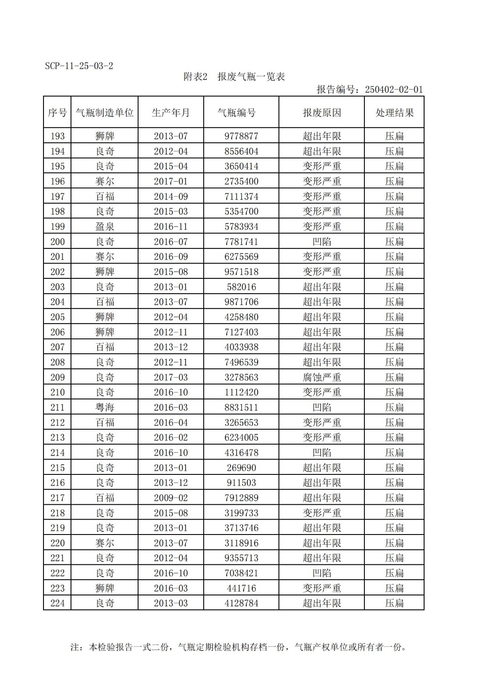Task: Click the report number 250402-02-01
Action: tap(393, 90)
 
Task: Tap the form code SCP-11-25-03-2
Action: tap(79, 66)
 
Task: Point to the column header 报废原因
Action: tap(322, 113)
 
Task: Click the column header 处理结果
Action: tap(394, 113)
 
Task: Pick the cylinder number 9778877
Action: tap(241, 136)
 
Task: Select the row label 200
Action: tap(58, 242)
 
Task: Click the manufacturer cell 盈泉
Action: tap(105, 226)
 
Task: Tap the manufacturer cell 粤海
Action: tap(105, 407)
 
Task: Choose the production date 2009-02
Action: tap(170, 498)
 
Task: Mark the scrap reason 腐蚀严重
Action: tap(322, 377)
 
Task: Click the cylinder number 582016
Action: tap(241, 287)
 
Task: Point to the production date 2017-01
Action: tap(170, 181)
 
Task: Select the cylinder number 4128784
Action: tap(241, 603)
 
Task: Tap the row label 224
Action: tap(58, 603)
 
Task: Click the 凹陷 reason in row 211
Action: tap(322, 407)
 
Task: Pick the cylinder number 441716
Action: tap(241, 588)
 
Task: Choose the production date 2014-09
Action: tap(170, 197)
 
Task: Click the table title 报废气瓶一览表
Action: tap(251, 77)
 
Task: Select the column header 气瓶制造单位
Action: tap(105, 113)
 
